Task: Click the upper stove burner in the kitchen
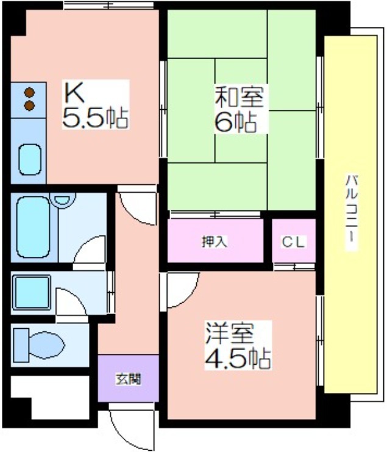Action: point(29,93)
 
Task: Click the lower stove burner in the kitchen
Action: point(29,106)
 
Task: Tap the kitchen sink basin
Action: point(30,159)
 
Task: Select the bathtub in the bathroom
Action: point(33,227)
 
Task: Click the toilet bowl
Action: point(47,345)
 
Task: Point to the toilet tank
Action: point(21,345)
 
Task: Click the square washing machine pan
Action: point(32,292)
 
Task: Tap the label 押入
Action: point(215,242)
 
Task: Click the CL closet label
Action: point(293,242)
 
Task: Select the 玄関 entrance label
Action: point(128,379)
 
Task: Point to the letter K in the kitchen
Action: point(74,93)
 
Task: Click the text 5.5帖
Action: point(95,118)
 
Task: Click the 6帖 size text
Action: point(236,122)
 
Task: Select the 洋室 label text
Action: point(230,334)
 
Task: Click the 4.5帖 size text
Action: point(238,359)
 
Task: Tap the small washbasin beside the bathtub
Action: point(63,199)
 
